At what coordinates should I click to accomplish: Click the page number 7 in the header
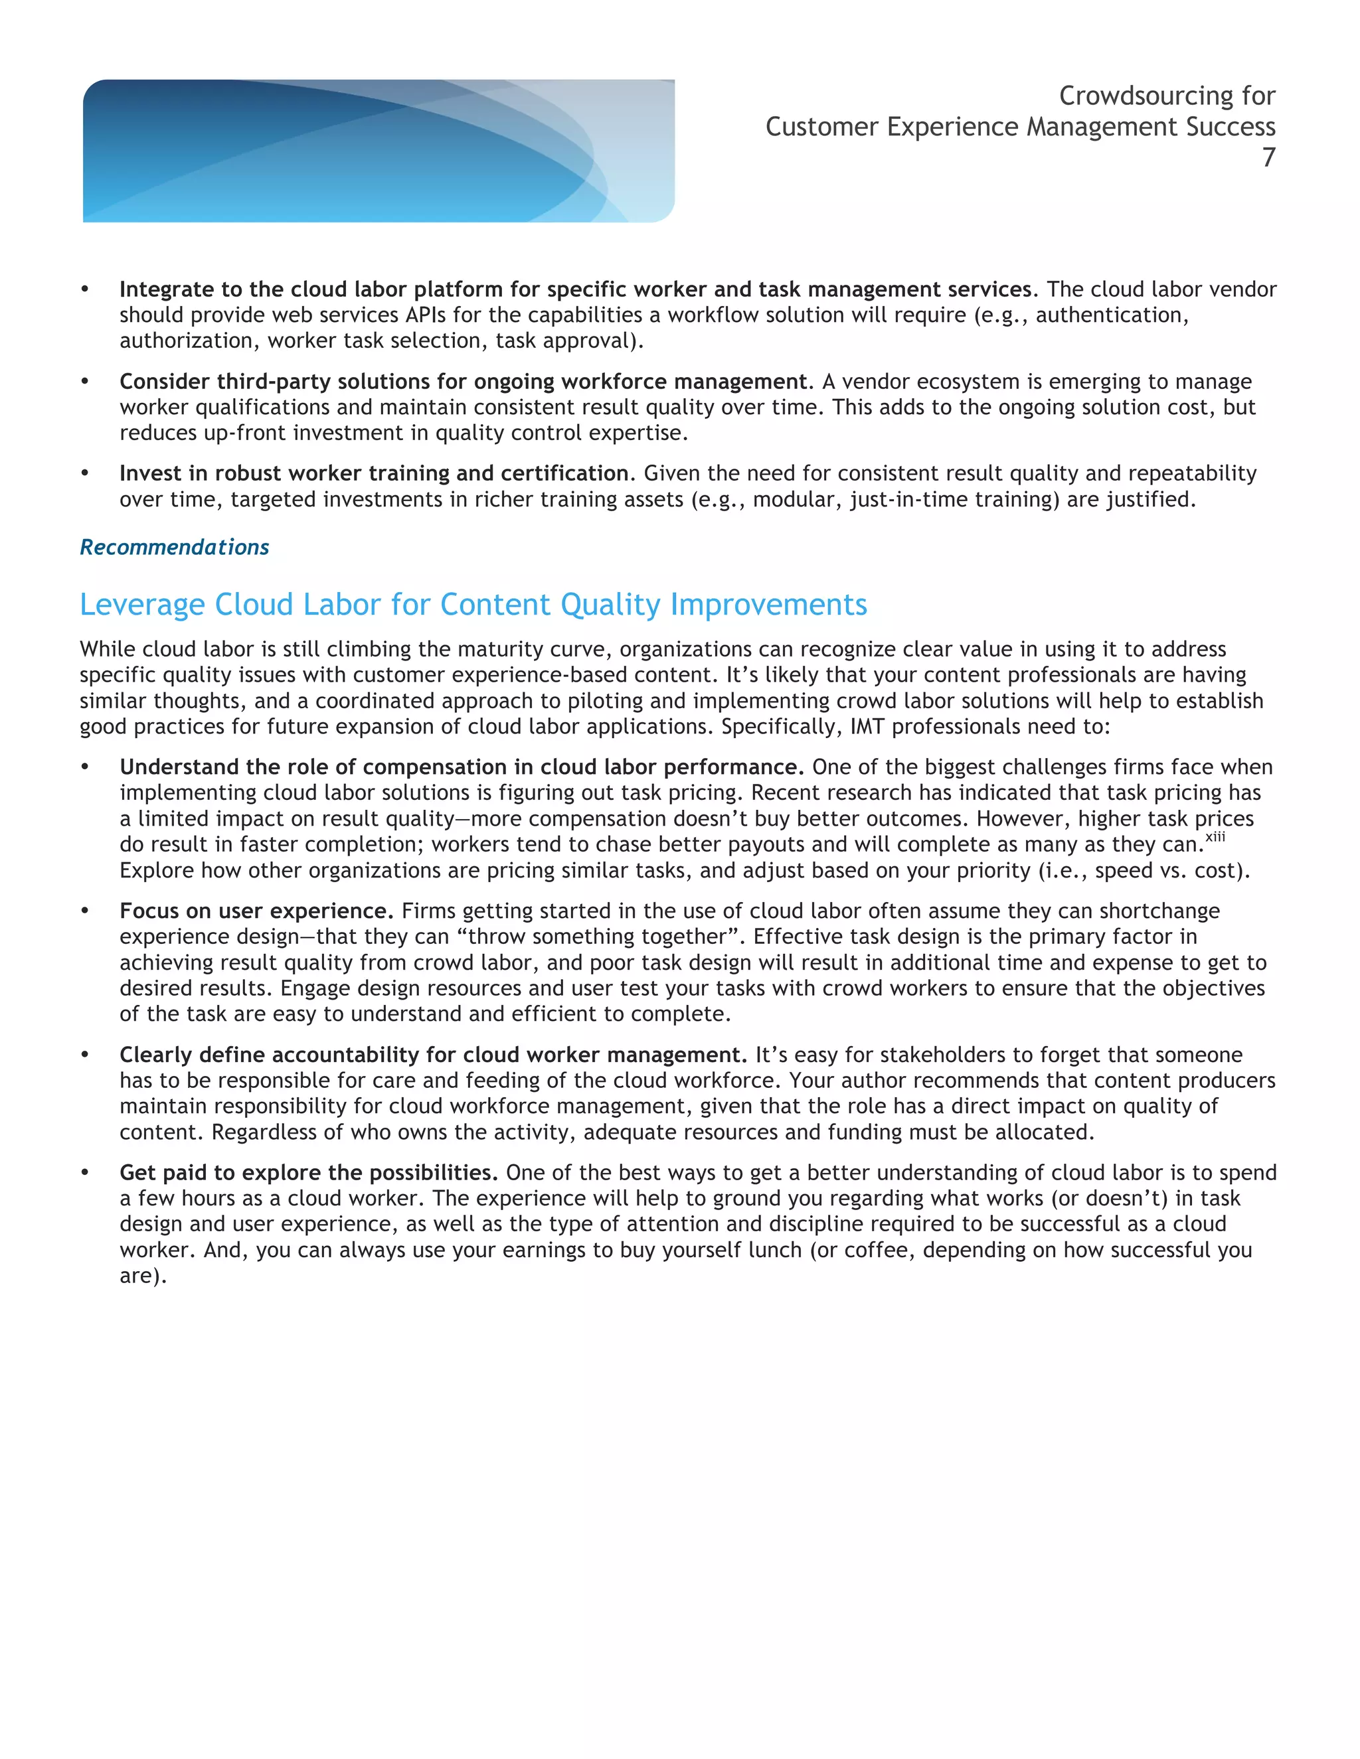(x=1268, y=158)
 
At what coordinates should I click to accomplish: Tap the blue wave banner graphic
(x=378, y=151)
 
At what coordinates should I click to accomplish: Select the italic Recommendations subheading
(x=174, y=548)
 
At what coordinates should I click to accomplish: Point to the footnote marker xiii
(x=1215, y=838)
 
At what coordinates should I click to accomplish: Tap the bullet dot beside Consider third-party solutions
(x=84, y=381)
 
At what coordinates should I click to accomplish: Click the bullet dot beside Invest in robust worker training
(x=84, y=473)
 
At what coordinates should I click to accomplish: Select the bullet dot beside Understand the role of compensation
(x=84, y=767)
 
